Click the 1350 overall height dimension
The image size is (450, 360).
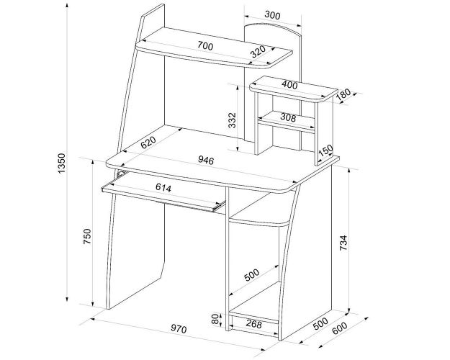point(62,163)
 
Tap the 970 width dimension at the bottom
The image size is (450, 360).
point(179,329)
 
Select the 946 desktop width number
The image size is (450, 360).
point(206,161)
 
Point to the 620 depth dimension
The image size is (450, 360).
point(148,142)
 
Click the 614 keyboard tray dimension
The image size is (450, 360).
point(163,188)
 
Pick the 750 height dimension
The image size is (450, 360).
point(87,236)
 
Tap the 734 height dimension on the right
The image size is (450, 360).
point(343,243)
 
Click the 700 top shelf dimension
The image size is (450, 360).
point(205,45)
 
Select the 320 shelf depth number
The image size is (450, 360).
point(258,52)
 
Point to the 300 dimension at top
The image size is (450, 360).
point(272,15)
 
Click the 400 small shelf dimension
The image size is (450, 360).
point(289,85)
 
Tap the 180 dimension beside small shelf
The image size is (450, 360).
point(343,94)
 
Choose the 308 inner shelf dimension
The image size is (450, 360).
point(288,117)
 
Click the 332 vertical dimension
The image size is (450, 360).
point(232,120)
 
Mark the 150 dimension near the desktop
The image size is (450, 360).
point(325,150)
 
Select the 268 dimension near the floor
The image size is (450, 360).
point(254,325)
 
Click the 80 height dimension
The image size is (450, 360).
point(215,319)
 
